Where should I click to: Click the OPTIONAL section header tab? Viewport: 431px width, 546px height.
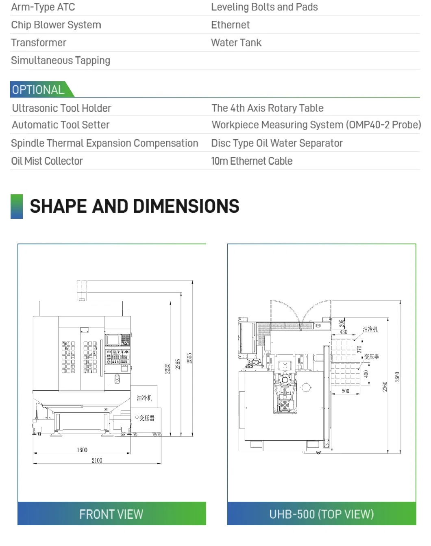click(x=39, y=89)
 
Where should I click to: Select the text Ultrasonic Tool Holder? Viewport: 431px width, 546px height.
click(x=61, y=108)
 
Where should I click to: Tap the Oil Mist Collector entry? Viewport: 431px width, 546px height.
click(x=47, y=161)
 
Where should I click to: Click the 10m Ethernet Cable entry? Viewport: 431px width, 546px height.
click(x=252, y=161)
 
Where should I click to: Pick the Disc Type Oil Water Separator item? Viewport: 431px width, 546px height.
click(x=277, y=143)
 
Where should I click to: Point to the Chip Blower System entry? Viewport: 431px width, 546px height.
click(x=56, y=25)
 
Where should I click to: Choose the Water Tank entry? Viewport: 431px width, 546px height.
click(x=236, y=43)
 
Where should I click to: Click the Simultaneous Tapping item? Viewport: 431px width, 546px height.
click(x=61, y=61)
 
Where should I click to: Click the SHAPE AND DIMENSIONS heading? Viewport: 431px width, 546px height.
click(x=135, y=206)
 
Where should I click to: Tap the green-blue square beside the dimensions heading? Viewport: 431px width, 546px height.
click(x=17, y=207)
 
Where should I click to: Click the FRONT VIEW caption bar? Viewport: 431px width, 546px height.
click(x=111, y=514)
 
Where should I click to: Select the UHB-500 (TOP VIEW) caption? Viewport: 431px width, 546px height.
click(x=322, y=514)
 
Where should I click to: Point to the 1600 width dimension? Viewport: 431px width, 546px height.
click(x=82, y=450)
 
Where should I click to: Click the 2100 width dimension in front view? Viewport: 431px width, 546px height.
click(x=97, y=460)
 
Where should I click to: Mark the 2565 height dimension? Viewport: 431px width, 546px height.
click(x=189, y=358)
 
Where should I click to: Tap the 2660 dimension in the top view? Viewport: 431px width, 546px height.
click(x=398, y=377)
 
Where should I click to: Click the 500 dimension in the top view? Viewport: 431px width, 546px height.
click(x=346, y=391)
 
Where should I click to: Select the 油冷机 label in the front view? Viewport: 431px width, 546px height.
click(x=144, y=398)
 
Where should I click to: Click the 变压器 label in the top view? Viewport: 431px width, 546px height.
click(x=371, y=357)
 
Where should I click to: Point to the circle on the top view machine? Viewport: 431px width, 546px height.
click(x=306, y=387)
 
